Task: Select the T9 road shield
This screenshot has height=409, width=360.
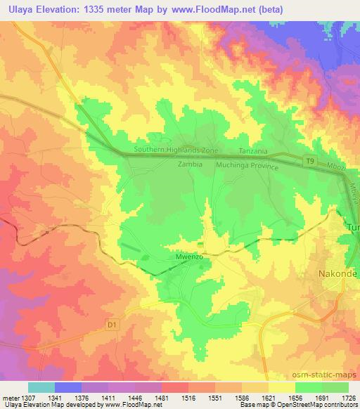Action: [x=311, y=161]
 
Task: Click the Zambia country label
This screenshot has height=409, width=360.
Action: [x=190, y=164]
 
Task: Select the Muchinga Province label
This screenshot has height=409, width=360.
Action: [x=247, y=167]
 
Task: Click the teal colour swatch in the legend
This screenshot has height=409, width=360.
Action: [x=41, y=387]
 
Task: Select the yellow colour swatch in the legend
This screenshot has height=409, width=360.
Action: [x=281, y=387]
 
